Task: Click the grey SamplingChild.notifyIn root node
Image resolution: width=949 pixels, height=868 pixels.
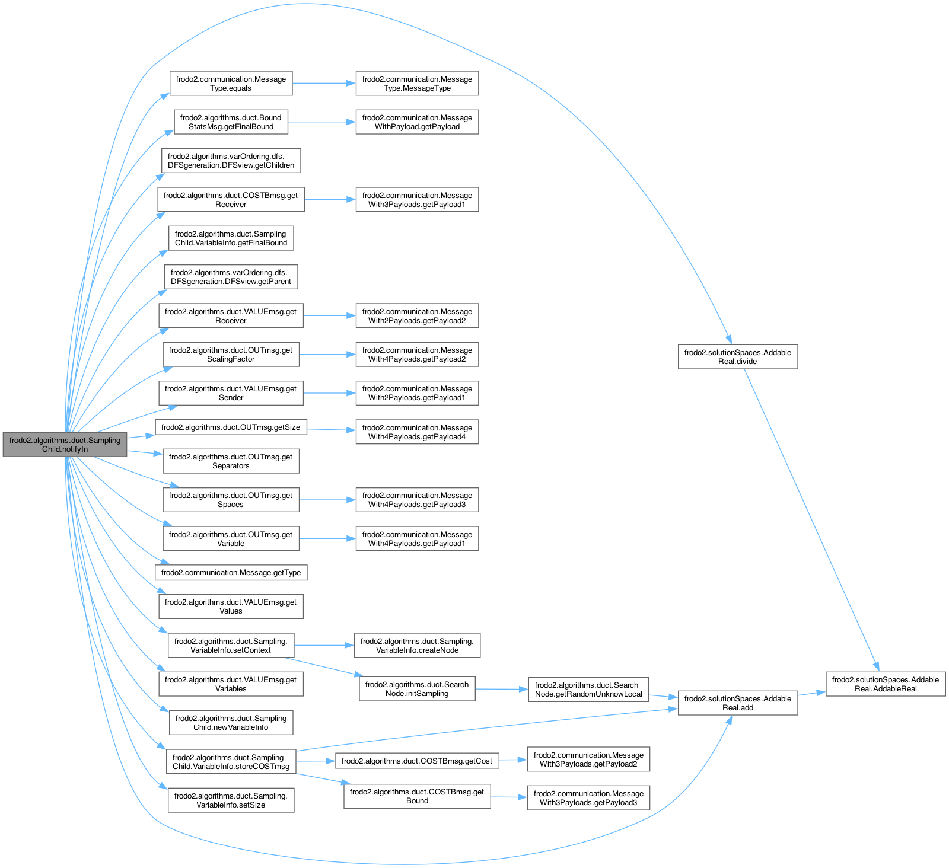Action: [65, 445]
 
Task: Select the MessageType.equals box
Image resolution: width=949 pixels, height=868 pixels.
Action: [231, 84]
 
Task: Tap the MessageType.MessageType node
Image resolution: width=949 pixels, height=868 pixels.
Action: [417, 84]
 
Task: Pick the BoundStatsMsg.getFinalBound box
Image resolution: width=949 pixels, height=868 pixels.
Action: [231, 122]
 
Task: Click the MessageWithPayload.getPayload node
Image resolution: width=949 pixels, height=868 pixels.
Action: [417, 122]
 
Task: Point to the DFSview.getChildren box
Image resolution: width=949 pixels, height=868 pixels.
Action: [231, 161]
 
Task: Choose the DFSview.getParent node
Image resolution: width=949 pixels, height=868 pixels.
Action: [231, 277]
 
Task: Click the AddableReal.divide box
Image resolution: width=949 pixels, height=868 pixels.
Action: [737, 357]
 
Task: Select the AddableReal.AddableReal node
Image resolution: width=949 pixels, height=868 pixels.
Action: [885, 684]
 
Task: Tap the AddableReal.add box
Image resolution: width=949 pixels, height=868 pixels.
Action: [737, 703]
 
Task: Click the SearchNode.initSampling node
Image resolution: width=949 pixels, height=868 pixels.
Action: [416, 689]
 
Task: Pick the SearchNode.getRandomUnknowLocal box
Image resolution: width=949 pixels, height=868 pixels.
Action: [588, 690]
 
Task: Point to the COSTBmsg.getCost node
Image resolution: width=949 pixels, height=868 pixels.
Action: [416, 761]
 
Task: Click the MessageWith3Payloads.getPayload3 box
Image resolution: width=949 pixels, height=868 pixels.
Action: [588, 798]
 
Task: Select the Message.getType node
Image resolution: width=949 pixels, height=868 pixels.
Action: [231, 573]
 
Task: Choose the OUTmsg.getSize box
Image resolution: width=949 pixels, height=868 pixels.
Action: [231, 427]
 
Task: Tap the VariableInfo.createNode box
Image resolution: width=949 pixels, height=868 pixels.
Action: [416, 646]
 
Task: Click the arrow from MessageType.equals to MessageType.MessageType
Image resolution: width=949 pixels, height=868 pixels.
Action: [323, 83]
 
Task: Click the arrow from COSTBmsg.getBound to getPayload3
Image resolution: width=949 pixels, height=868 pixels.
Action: [508, 797]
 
